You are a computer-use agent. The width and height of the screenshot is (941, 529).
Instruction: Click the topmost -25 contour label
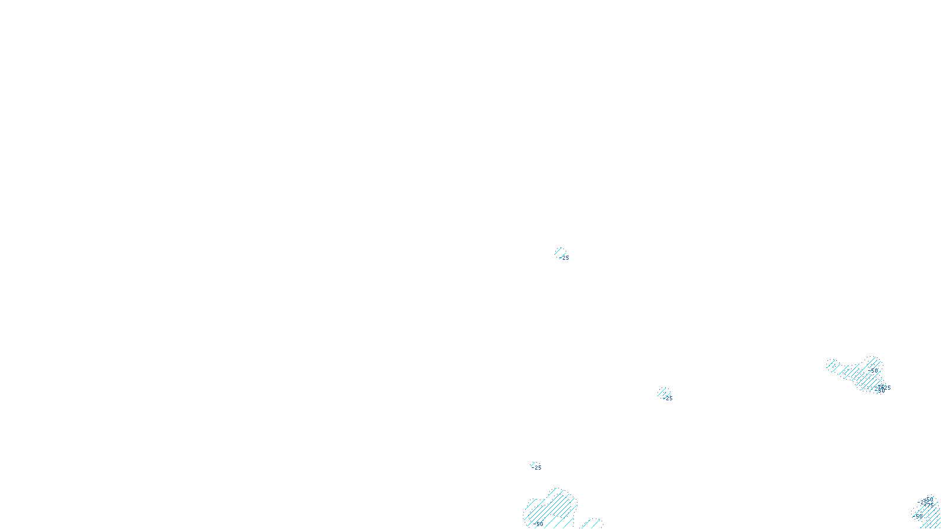point(565,257)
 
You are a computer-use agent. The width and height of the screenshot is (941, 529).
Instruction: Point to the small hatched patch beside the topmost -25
point(559,252)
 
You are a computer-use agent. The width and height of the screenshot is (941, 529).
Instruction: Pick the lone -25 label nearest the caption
point(537,468)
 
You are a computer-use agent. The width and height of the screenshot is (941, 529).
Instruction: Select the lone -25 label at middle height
point(668,399)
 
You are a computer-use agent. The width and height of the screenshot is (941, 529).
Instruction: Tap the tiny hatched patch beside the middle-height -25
point(663,392)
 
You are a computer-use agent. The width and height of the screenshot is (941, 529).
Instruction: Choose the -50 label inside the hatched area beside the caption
point(539,524)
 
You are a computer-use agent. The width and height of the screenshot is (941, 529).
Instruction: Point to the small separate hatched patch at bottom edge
point(593,524)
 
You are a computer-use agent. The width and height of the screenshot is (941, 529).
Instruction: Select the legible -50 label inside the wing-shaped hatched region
point(874,370)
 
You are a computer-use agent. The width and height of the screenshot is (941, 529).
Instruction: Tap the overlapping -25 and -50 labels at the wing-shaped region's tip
point(882,389)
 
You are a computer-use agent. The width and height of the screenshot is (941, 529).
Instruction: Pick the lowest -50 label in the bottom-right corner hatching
point(917,517)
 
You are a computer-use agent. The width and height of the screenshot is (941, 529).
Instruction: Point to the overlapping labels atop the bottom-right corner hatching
point(926,501)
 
